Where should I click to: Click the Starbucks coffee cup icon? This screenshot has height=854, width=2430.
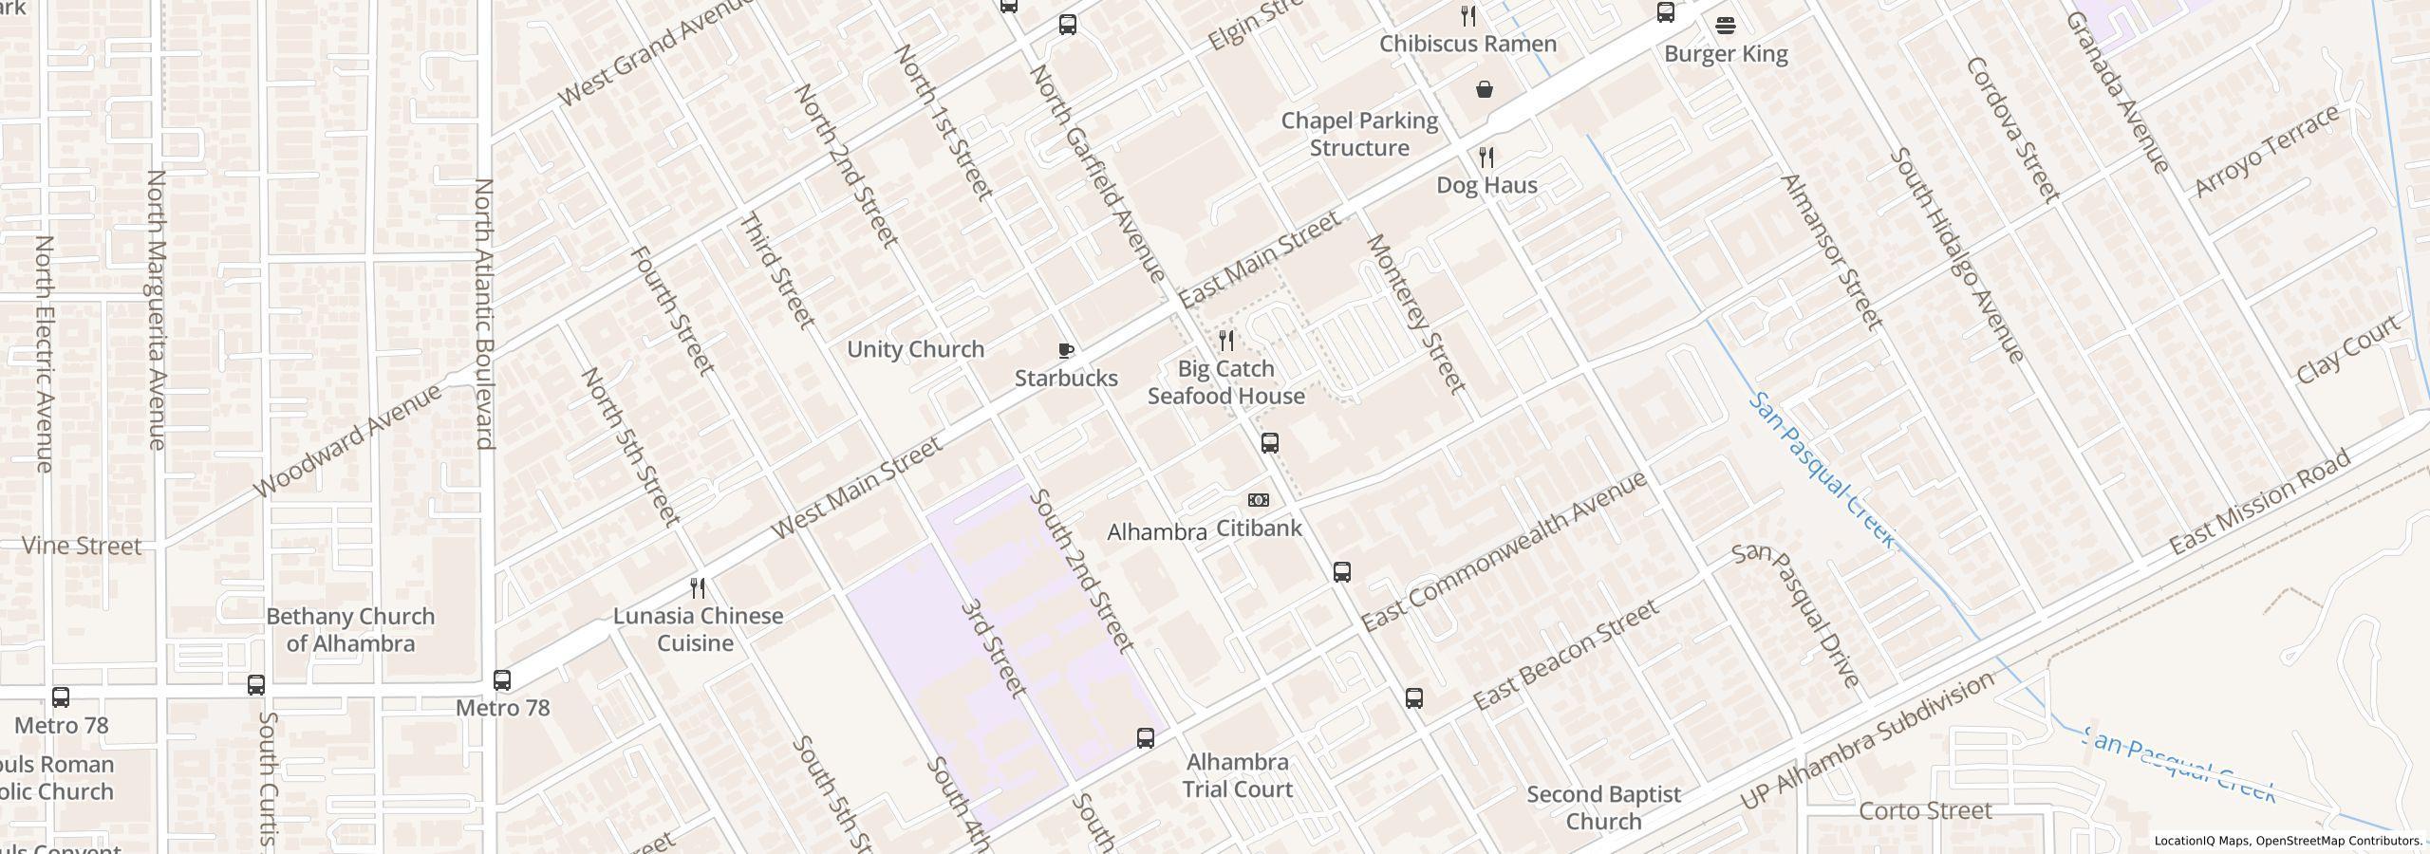pos(1066,350)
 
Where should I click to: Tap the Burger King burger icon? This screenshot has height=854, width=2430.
pos(1726,25)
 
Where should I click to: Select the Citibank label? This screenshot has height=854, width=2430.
pos(1259,529)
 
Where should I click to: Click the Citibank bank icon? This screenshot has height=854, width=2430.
pos(1258,500)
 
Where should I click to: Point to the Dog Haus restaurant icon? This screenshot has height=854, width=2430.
pos(1486,157)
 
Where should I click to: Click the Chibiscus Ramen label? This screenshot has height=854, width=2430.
pos(1467,45)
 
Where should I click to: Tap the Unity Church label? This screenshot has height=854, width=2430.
pos(915,349)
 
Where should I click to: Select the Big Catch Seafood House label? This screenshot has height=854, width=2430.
pos(1225,382)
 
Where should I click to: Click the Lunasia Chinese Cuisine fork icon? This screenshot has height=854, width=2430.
pos(698,588)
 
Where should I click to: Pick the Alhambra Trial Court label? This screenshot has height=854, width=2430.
pos(1238,775)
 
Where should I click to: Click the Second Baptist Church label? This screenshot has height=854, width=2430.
pos(1603,808)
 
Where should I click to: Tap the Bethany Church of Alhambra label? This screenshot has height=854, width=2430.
pos(350,630)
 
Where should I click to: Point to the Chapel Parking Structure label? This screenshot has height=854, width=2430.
pos(1359,135)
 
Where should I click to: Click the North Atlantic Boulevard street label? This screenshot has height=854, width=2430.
pos(484,313)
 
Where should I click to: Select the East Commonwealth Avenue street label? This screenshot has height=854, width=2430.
pos(1504,552)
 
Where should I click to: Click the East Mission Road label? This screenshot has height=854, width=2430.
pos(2259,503)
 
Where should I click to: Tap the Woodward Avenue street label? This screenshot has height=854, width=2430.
pos(348,440)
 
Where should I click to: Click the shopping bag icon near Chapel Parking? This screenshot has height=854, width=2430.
pos(1484,89)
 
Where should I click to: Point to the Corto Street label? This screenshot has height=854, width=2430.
pos(1925,811)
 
